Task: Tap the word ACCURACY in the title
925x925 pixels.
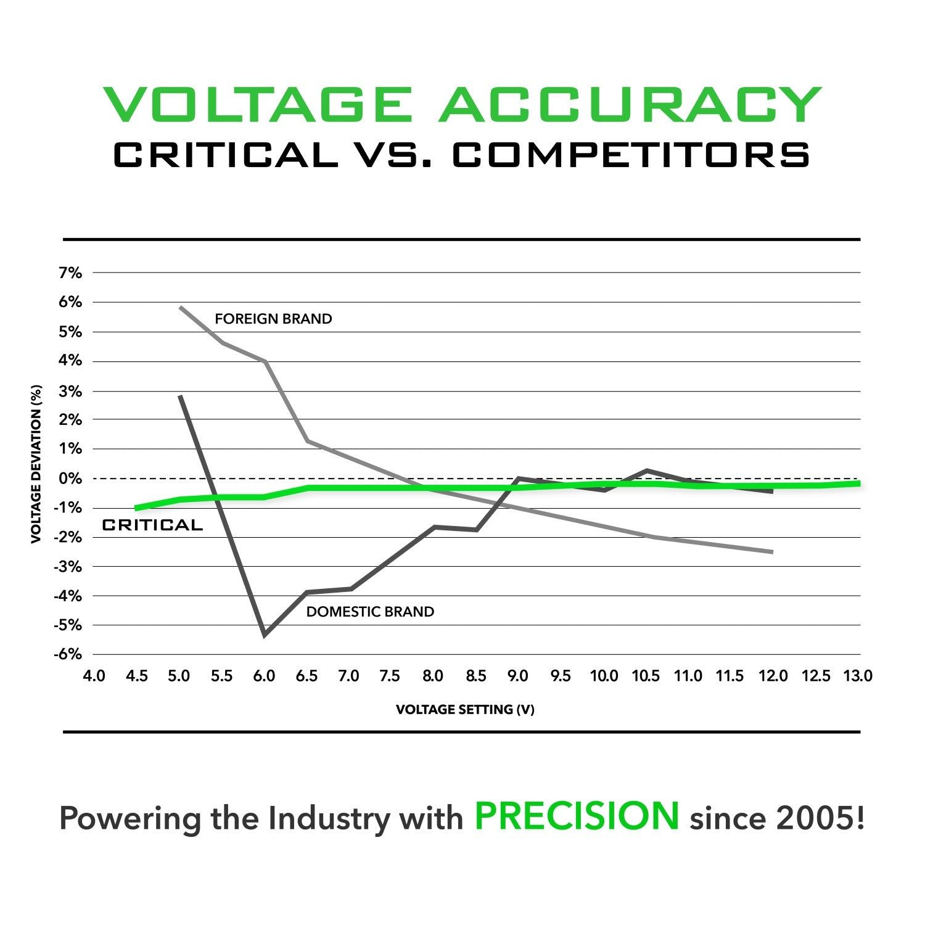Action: click(630, 105)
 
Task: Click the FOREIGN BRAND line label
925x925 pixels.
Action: click(273, 319)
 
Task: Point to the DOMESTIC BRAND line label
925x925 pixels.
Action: click(370, 612)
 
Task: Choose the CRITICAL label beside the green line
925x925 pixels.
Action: click(152, 525)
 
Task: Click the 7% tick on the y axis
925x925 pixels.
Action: click(70, 273)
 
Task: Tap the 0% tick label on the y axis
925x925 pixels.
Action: click(70, 479)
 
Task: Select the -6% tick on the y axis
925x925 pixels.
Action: click(68, 654)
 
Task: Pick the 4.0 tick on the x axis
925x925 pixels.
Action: click(94, 676)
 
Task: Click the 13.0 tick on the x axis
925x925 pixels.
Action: click(858, 676)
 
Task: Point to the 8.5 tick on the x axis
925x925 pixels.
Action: click(475, 676)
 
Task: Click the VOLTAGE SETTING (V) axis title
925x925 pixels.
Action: click(465, 710)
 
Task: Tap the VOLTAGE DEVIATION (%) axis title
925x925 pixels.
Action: click(36, 464)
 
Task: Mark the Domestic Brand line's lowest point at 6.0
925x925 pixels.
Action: click(265, 635)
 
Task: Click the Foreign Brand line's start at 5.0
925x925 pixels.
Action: click(179, 306)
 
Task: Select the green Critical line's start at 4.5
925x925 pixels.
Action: click(136, 508)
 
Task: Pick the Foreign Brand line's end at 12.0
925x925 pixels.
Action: click(771, 551)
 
